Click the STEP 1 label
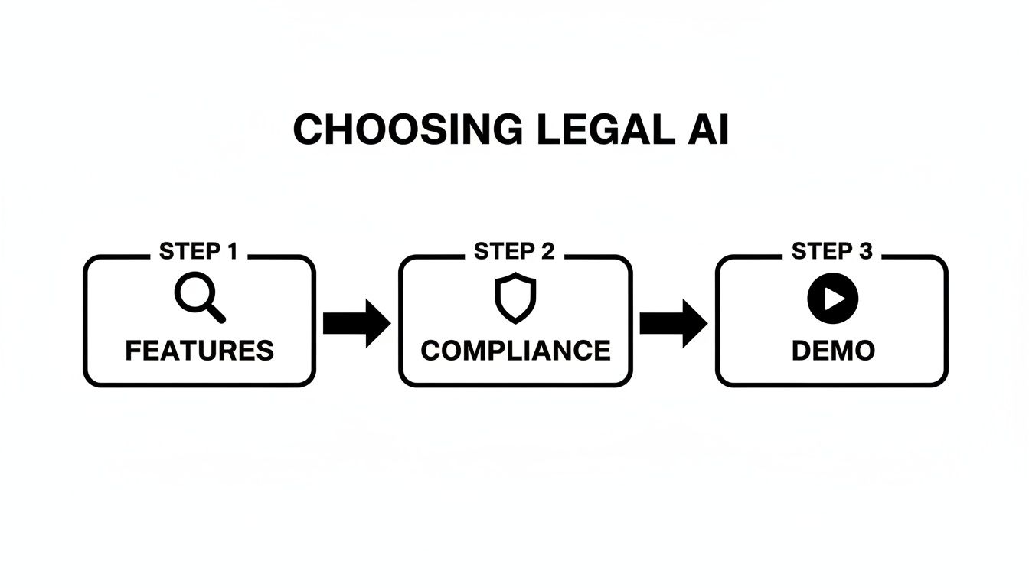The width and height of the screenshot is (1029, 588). (x=199, y=251)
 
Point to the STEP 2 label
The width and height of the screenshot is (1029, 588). (x=514, y=251)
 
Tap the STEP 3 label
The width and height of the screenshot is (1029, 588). (x=831, y=251)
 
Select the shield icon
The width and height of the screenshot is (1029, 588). (x=515, y=298)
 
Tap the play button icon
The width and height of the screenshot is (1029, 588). (x=832, y=299)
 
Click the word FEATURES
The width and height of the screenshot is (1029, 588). (x=199, y=351)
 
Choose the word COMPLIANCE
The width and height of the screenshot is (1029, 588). (x=515, y=351)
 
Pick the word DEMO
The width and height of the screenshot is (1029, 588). (x=832, y=351)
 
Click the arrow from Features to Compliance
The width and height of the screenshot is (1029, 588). (x=357, y=323)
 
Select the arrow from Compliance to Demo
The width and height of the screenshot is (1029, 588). (x=673, y=323)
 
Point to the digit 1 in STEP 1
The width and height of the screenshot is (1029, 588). (x=231, y=251)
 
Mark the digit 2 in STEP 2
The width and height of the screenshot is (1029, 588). (x=548, y=251)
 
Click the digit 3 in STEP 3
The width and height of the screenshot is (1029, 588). (x=865, y=251)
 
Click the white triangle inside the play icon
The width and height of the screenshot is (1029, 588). (x=834, y=299)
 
